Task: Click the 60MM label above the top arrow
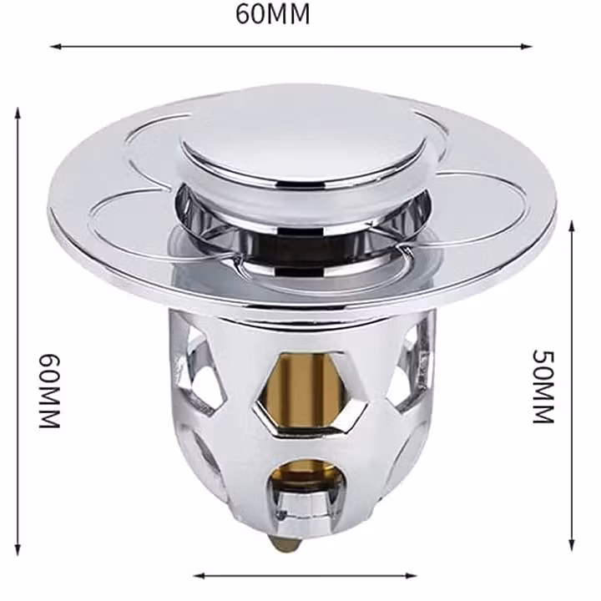click(x=272, y=14)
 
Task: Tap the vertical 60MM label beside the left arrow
click(x=49, y=391)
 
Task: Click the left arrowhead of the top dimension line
click(x=56, y=47)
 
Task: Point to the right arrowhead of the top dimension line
click(x=526, y=47)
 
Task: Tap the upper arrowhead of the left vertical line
click(x=18, y=114)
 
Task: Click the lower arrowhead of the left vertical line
click(x=18, y=549)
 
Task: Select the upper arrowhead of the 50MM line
click(x=572, y=226)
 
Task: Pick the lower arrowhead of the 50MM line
click(x=572, y=545)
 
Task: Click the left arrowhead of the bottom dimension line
click(x=199, y=576)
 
